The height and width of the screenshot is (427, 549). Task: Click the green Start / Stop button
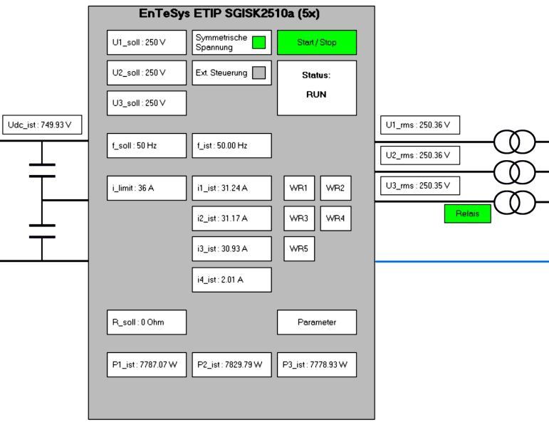(x=316, y=43)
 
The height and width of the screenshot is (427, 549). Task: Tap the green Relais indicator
(x=467, y=213)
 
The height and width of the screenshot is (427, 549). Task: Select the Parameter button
(x=316, y=322)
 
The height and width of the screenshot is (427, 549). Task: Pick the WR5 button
(x=298, y=248)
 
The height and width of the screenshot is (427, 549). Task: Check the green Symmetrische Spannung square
(x=259, y=42)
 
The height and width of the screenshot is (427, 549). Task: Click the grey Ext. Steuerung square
(x=259, y=72)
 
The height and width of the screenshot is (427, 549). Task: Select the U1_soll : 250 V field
(x=146, y=43)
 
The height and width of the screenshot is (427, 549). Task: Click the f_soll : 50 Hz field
(x=146, y=145)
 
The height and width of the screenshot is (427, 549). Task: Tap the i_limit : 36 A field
(x=146, y=188)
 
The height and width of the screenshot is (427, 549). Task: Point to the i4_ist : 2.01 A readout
(x=231, y=280)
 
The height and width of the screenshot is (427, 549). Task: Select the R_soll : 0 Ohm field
(x=146, y=322)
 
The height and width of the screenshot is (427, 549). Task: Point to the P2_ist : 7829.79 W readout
(x=231, y=364)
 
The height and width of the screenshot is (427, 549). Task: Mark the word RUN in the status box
(x=316, y=94)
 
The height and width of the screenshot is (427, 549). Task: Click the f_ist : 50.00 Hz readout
(x=231, y=145)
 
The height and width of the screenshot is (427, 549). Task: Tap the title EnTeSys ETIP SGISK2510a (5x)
(x=231, y=13)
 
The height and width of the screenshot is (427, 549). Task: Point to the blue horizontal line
(x=463, y=261)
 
